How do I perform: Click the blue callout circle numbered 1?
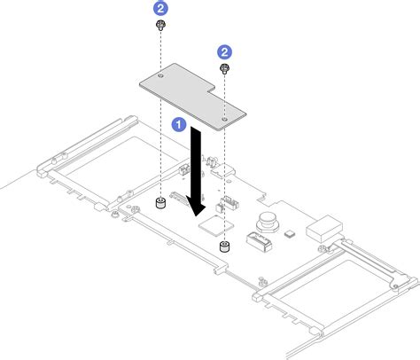coord(179,125)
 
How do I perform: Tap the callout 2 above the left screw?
coord(160,8)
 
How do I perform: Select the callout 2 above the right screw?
coord(225,53)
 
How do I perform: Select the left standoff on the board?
coord(161,205)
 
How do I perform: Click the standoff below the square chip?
coord(225,243)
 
